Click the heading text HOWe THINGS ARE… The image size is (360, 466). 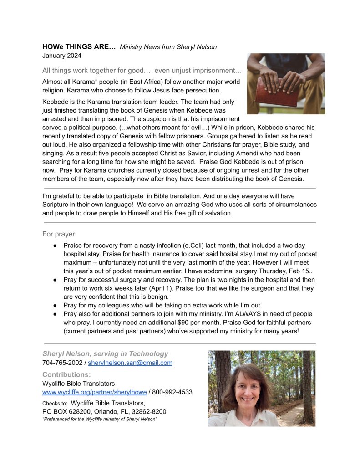[79, 47]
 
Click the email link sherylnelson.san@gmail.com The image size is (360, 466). [130, 363]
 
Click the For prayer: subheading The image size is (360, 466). [60, 235]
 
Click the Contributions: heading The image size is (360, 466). [66, 374]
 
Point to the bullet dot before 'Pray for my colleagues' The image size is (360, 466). [55, 305]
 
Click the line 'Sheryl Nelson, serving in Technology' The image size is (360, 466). [105, 353]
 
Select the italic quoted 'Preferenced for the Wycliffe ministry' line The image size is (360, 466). [99, 419]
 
